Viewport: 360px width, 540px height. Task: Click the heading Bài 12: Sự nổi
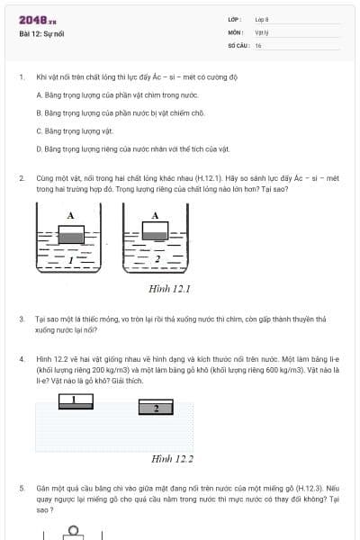40,34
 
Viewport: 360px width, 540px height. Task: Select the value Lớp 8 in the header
262,19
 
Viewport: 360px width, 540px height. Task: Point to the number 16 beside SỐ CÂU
258,44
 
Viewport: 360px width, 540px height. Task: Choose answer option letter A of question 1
39,94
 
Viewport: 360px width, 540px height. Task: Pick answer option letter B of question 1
39,112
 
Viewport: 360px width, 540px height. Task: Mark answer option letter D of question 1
39,148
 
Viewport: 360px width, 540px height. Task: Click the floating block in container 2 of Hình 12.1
156,232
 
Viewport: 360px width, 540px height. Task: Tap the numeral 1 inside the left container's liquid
69,258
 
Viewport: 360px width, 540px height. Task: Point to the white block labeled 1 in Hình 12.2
74,400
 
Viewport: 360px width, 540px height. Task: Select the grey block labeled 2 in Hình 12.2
157,409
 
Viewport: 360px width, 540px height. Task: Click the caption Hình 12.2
173,459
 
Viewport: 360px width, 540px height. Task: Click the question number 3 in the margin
22,319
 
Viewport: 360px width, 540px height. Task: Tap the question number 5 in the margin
22,488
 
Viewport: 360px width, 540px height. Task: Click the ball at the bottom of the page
71,532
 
